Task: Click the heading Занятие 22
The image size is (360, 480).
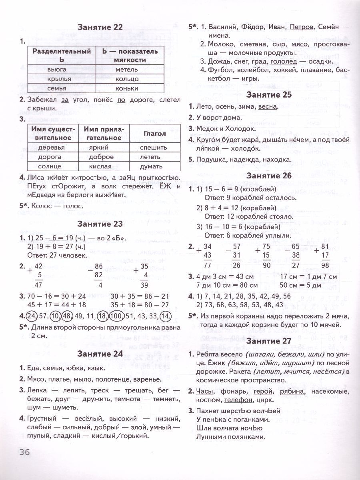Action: pyautogui.click(x=100, y=28)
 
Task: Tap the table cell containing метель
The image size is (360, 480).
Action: pyautogui.click(x=127, y=69)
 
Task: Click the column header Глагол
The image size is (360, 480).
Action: pyautogui.click(x=155, y=134)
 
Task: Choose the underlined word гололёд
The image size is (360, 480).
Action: pyautogui.click(x=284, y=61)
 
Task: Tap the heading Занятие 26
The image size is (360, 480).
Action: pyautogui.click(x=270, y=175)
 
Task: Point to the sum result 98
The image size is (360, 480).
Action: pyautogui.click(x=325, y=265)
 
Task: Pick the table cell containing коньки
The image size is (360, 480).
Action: pyautogui.click(x=126, y=88)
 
